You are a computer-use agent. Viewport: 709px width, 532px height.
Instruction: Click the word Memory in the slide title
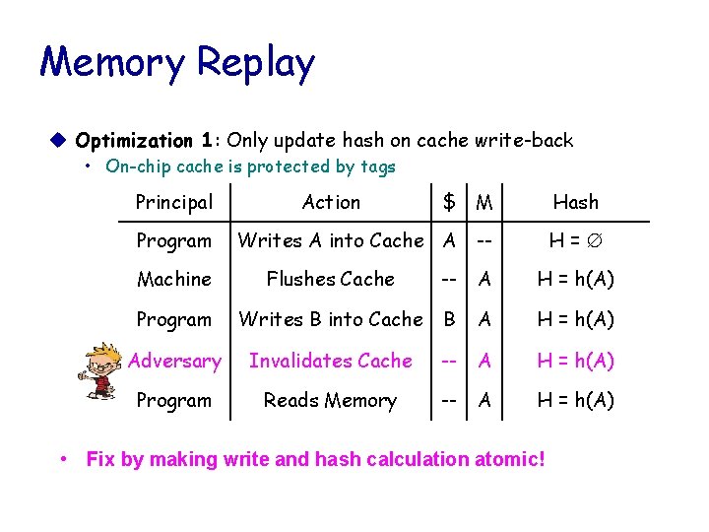coord(111,63)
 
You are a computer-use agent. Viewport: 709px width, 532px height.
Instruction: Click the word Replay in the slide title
coord(255,63)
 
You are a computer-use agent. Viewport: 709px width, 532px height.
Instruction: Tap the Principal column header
coord(173,202)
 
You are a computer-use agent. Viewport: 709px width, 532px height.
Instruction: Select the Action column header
coord(331,202)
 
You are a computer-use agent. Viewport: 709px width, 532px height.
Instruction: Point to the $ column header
coord(449,202)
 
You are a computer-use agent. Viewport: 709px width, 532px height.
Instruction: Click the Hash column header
coord(575,202)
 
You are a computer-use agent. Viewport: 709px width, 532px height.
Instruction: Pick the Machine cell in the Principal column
coord(173,280)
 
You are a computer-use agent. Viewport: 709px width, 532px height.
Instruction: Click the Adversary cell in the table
coord(174,361)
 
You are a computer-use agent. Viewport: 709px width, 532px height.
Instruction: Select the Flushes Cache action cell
coord(331,280)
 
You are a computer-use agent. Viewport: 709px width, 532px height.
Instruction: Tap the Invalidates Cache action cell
coord(331,361)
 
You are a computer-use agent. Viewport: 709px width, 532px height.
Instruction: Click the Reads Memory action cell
coord(331,400)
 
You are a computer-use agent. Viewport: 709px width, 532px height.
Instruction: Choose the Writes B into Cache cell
coord(331,319)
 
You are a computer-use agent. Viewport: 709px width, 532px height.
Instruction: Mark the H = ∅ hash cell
coord(575,240)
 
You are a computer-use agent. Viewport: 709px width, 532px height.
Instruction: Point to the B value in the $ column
coord(449,319)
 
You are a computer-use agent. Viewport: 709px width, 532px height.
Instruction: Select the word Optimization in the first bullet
coord(134,141)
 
